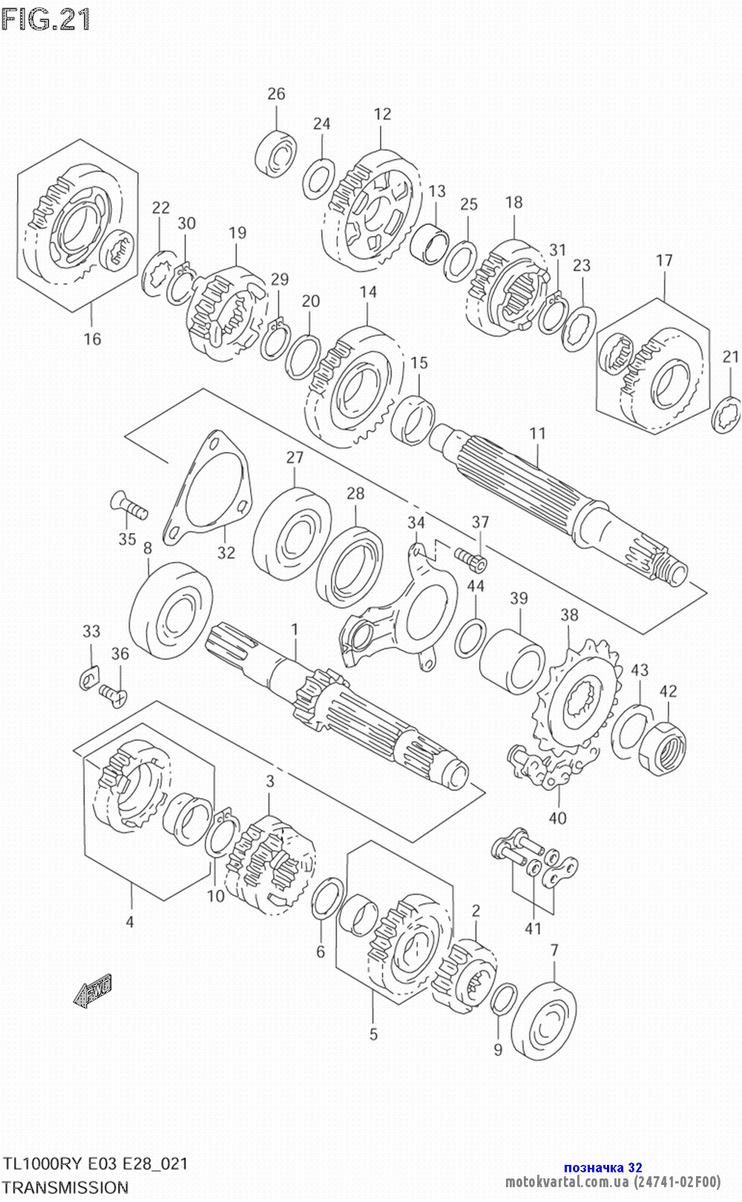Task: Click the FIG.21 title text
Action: pos(45,19)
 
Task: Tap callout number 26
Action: pos(276,94)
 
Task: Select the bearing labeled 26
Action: pos(275,153)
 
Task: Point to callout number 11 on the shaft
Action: pos(537,433)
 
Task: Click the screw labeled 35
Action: pos(128,506)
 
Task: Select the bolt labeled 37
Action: pos(470,558)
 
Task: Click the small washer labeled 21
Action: pos(726,414)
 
